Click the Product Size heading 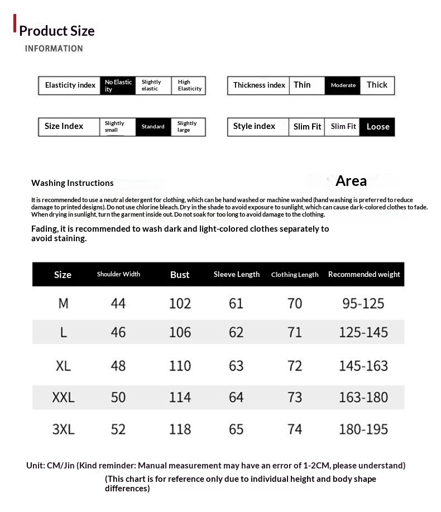click(56, 31)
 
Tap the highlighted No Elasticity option click(118, 85)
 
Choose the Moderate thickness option click(343, 85)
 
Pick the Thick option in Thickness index click(377, 85)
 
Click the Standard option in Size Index click(152, 127)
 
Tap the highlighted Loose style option click(377, 127)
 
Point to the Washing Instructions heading click(72, 183)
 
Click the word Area click(351, 181)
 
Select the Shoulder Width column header click(118, 274)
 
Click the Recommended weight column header click(364, 274)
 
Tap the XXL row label click(63, 398)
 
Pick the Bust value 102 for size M click(180, 303)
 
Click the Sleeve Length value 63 click(236, 366)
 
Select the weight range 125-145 click(363, 332)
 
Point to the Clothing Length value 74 click(294, 429)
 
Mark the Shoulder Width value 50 click(118, 398)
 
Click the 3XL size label click(63, 429)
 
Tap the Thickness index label click(259, 85)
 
